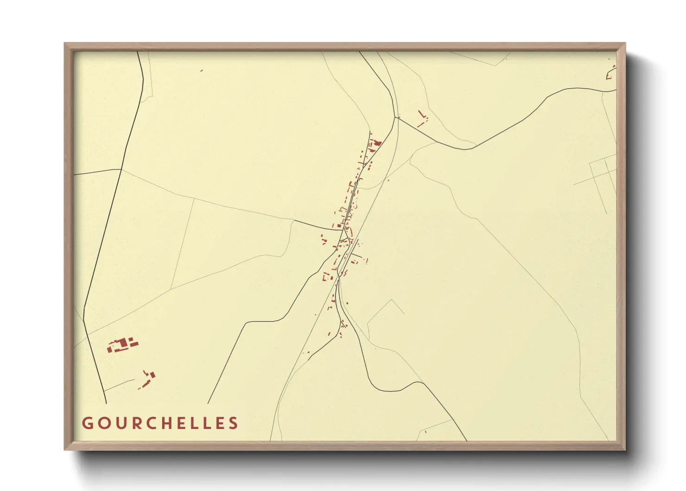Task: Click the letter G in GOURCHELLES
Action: click(x=87, y=423)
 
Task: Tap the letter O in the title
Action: click(x=104, y=423)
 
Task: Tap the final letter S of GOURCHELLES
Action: click(x=234, y=423)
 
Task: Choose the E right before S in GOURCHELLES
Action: click(x=219, y=423)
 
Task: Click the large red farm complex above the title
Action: click(x=122, y=345)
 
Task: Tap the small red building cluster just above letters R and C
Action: click(x=148, y=378)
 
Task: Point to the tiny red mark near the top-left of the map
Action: click(x=202, y=71)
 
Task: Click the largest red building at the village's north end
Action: click(x=376, y=143)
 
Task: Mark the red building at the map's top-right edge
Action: click(x=611, y=73)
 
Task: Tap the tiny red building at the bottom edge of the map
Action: click(x=426, y=432)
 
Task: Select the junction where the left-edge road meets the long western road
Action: click(x=121, y=169)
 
